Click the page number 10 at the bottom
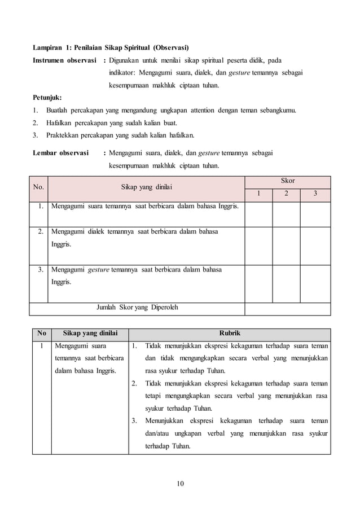[x=180, y=483]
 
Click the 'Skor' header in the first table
[x=287, y=181]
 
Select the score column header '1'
[x=260, y=194]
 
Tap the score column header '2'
[x=286, y=194]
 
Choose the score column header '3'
[x=315, y=194]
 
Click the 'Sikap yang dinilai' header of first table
[x=147, y=187]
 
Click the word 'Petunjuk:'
[x=47, y=97]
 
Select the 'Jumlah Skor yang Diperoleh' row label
[x=138, y=308]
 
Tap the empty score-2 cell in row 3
[x=286, y=280]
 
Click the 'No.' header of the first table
[x=39, y=187]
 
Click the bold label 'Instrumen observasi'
[x=63, y=60]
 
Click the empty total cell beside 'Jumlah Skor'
[x=287, y=308]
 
